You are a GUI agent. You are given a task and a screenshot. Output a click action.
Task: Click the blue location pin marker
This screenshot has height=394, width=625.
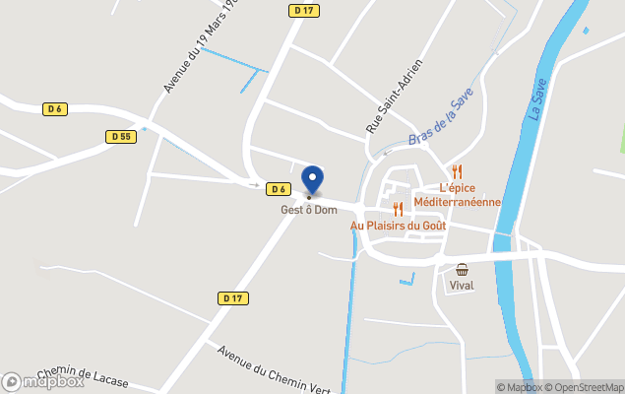[x=312, y=179]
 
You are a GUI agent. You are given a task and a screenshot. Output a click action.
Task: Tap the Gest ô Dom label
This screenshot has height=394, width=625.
[x=309, y=210]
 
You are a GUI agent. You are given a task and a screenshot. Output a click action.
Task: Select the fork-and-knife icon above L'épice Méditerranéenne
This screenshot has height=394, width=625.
[x=457, y=171]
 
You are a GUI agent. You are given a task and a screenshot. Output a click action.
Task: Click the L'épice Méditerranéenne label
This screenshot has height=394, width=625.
[x=457, y=195]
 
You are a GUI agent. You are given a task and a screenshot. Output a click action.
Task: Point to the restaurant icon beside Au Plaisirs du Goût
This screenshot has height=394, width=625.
[x=398, y=209]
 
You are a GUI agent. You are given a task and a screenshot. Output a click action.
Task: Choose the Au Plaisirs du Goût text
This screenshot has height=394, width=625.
[x=398, y=226]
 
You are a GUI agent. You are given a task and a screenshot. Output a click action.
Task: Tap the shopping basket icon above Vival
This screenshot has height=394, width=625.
[x=462, y=269]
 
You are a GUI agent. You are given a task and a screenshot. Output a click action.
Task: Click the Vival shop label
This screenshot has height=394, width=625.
[x=462, y=286]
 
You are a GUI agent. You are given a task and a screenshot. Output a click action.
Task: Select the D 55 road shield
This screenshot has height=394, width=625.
[x=121, y=137]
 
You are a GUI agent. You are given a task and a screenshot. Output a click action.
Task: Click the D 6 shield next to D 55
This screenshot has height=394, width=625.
[x=54, y=108]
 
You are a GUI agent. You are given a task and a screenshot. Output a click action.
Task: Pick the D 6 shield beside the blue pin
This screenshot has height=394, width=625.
[x=280, y=189]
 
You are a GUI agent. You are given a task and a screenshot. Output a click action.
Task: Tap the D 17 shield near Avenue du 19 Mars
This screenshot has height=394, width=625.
[x=303, y=11]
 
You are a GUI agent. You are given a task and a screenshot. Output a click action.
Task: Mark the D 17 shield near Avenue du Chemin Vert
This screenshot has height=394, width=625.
[x=232, y=297]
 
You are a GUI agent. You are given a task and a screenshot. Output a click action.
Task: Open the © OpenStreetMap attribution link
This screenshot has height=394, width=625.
[x=584, y=387]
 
